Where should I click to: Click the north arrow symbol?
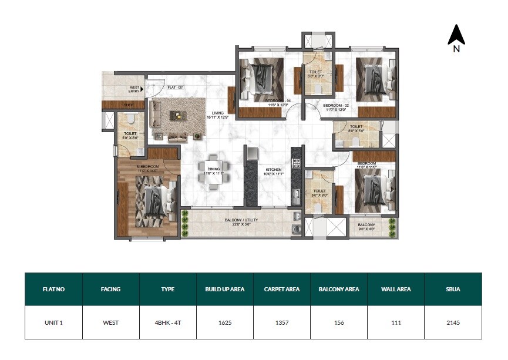pyautogui.click(x=456, y=36)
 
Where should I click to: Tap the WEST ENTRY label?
pyautogui.click(x=134, y=90)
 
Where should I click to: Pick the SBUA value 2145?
pyautogui.click(x=452, y=322)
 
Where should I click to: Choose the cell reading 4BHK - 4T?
pyautogui.click(x=167, y=322)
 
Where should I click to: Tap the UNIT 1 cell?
pyautogui.click(x=53, y=322)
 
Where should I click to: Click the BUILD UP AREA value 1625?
pyautogui.click(x=224, y=322)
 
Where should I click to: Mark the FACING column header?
pyautogui.click(x=110, y=289)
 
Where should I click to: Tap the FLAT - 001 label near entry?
pyautogui.click(x=176, y=87)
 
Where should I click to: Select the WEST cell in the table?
pyautogui.click(x=110, y=322)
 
